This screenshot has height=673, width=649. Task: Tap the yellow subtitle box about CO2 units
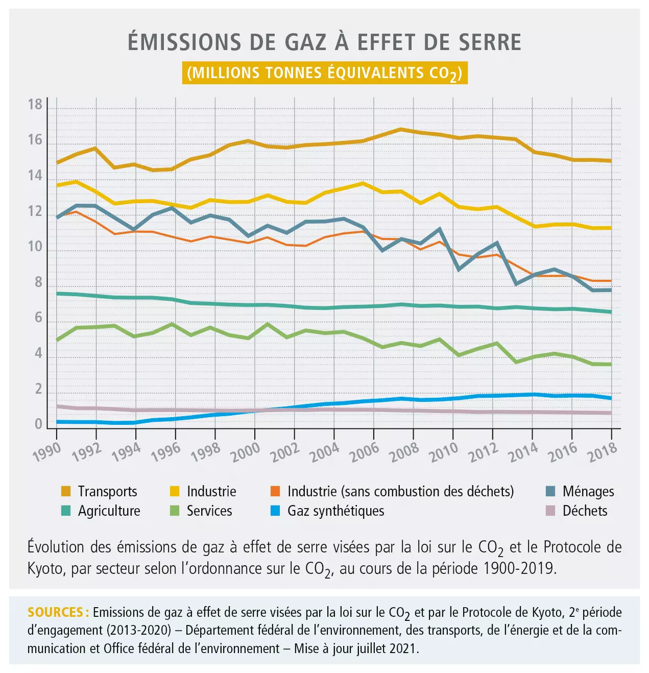325,73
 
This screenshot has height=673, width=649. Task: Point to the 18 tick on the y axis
35,105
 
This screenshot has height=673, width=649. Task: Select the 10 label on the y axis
35,247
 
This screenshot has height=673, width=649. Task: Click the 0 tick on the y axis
38,424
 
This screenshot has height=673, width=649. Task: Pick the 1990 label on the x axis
47,451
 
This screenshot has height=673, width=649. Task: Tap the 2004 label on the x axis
325,451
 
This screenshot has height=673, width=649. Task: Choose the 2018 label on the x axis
603,451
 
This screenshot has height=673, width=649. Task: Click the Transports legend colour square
66,492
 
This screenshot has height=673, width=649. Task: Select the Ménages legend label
588,492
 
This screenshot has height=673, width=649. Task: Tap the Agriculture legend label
109,511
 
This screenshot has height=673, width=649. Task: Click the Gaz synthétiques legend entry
335,511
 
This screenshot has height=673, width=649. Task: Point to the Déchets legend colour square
550,511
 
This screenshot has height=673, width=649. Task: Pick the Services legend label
209,511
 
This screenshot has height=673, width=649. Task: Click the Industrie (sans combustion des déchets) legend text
400,492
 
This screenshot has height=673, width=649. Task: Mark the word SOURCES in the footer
55,612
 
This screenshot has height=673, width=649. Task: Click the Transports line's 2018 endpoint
611,161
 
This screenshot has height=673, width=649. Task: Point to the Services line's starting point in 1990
57,340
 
